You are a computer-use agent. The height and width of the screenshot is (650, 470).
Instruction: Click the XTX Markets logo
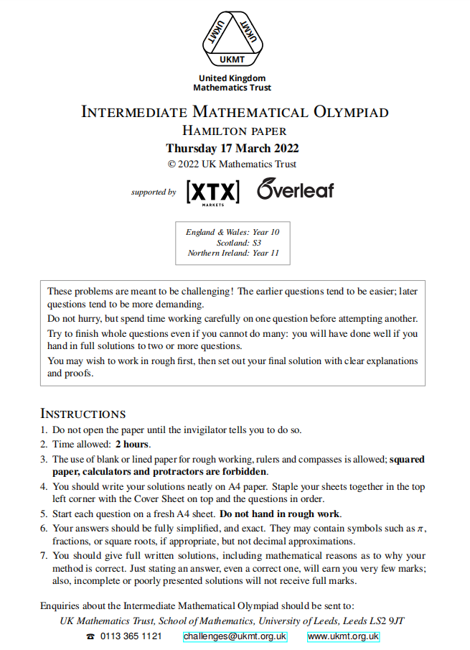(x=213, y=192)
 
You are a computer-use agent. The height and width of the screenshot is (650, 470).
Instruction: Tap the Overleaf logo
(x=294, y=189)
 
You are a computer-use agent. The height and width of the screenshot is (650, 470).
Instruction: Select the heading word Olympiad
(x=350, y=112)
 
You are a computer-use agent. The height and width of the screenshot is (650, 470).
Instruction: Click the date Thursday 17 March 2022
(x=232, y=149)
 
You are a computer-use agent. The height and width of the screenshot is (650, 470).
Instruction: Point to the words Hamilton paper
(x=235, y=131)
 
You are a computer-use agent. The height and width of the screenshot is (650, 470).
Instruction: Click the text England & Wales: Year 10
(x=232, y=232)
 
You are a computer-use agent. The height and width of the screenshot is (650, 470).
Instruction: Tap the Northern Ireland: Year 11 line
(x=233, y=253)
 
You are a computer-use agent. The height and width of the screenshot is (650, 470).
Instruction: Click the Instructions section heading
(x=83, y=414)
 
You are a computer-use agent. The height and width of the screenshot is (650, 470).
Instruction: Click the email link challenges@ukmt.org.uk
(x=235, y=636)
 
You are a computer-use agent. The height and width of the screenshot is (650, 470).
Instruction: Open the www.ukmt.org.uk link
(x=343, y=636)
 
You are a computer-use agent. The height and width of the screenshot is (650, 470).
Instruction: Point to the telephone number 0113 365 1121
(x=131, y=636)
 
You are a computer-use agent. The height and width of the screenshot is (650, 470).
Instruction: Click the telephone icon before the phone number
(x=90, y=637)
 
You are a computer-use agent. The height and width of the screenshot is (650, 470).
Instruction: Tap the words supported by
(x=154, y=192)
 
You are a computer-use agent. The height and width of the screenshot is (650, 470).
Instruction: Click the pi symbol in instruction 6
(x=420, y=528)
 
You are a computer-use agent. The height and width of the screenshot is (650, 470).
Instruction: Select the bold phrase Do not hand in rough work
(x=280, y=514)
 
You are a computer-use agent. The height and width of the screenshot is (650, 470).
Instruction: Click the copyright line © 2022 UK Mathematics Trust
(x=232, y=164)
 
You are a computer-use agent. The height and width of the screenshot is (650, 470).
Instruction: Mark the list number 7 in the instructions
(x=44, y=555)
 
